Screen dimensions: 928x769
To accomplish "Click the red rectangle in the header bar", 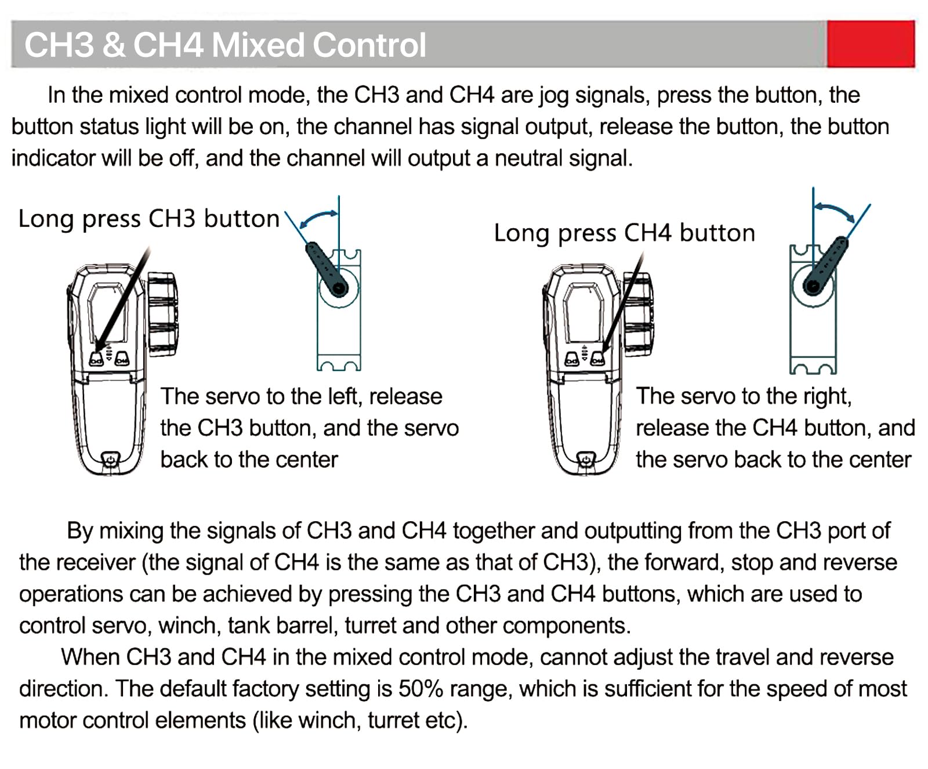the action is click(x=871, y=44).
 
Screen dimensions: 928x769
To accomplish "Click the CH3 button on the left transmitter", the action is click(x=97, y=359).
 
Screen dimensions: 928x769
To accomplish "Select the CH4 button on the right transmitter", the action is click(x=597, y=359).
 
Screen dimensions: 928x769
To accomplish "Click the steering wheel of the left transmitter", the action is click(x=162, y=313).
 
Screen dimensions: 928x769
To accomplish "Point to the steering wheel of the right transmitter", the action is click(x=638, y=313).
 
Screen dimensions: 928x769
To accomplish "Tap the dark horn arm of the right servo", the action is click(x=826, y=265).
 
